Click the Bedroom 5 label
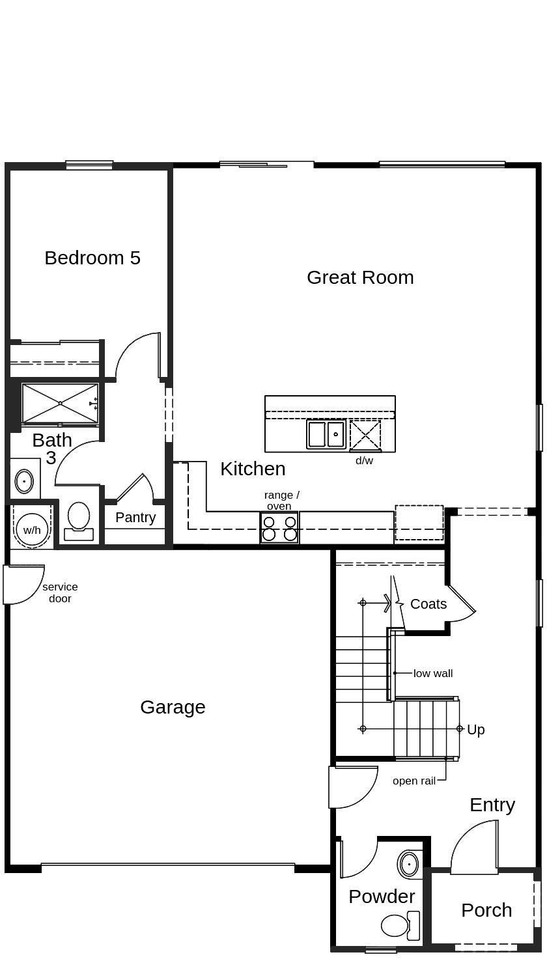[x=92, y=258]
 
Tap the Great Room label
[x=360, y=277]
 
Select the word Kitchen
[x=253, y=469]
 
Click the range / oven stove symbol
[x=279, y=528]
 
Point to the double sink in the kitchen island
[x=326, y=434]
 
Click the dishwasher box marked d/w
[x=365, y=436]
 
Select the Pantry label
[x=135, y=518]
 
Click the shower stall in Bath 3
[x=60, y=404]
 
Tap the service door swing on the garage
[x=21, y=585]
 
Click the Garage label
[x=173, y=707]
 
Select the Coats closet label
[x=428, y=604]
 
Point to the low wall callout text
[x=433, y=674]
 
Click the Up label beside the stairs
[x=476, y=730]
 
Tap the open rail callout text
[x=414, y=781]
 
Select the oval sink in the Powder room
[x=408, y=865]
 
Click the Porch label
[x=486, y=910]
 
